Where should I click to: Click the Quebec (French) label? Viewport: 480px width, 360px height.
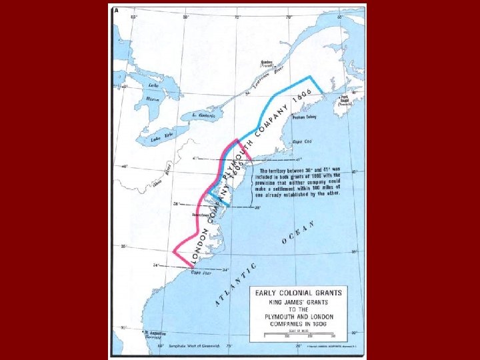tap(269, 65)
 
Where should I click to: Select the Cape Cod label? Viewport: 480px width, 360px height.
tap(302, 142)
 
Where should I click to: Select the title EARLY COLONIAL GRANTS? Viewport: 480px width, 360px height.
tap(297, 292)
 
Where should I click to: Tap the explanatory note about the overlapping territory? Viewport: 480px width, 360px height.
tap(299, 180)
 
